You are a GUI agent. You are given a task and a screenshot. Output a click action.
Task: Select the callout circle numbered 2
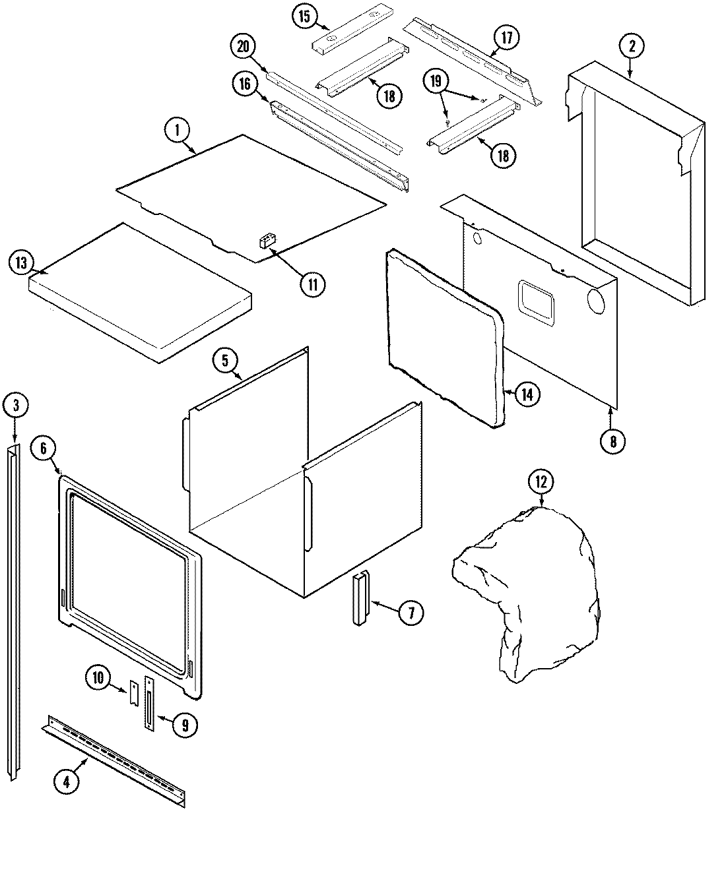tap(632, 46)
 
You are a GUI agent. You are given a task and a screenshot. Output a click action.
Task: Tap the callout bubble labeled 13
tap(21, 263)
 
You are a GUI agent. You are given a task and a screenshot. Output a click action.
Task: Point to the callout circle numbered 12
tap(541, 482)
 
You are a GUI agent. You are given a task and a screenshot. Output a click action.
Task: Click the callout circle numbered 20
tap(244, 47)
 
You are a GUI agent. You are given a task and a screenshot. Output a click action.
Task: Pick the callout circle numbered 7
tap(411, 613)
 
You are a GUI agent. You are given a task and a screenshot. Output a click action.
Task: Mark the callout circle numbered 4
tap(66, 782)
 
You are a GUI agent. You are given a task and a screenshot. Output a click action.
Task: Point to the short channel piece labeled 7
tap(360, 599)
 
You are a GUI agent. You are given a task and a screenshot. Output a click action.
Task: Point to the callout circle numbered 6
tap(44, 448)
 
